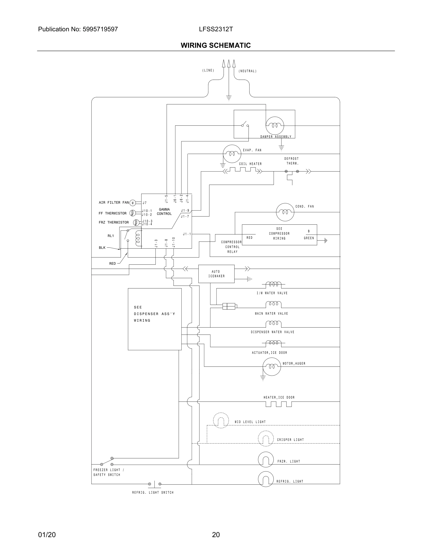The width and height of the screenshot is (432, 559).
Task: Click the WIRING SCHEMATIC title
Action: [216, 45]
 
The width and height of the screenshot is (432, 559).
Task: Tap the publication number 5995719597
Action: [100, 29]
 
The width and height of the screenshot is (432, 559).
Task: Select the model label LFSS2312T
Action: [216, 29]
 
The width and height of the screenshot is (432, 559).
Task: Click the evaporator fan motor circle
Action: [232, 154]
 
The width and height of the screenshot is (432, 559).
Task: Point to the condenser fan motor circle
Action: [285, 212]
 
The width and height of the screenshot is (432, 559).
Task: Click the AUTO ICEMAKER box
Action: [216, 274]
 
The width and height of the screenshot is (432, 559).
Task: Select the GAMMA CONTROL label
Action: [164, 212]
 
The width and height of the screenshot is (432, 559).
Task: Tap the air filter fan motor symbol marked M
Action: [132, 203]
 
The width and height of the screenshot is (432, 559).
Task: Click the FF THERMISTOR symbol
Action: [132, 213]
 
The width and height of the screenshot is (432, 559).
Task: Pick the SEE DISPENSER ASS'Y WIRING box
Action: [155, 319]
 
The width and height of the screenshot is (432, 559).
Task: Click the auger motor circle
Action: [272, 367]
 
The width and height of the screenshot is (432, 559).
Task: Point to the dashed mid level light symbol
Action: [221, 420]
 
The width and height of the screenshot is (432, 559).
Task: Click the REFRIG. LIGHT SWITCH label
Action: [153, 492]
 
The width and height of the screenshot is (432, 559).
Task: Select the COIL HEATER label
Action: [250, 164]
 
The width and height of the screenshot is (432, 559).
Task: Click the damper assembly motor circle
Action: [275, 126]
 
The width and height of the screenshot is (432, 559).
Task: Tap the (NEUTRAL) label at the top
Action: [248, 71]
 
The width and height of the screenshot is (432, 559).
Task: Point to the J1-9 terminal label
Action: [185, 211]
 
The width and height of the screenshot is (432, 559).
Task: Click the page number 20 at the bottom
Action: [216, 535]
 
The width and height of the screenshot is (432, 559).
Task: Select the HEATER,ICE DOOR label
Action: [279, 398]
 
